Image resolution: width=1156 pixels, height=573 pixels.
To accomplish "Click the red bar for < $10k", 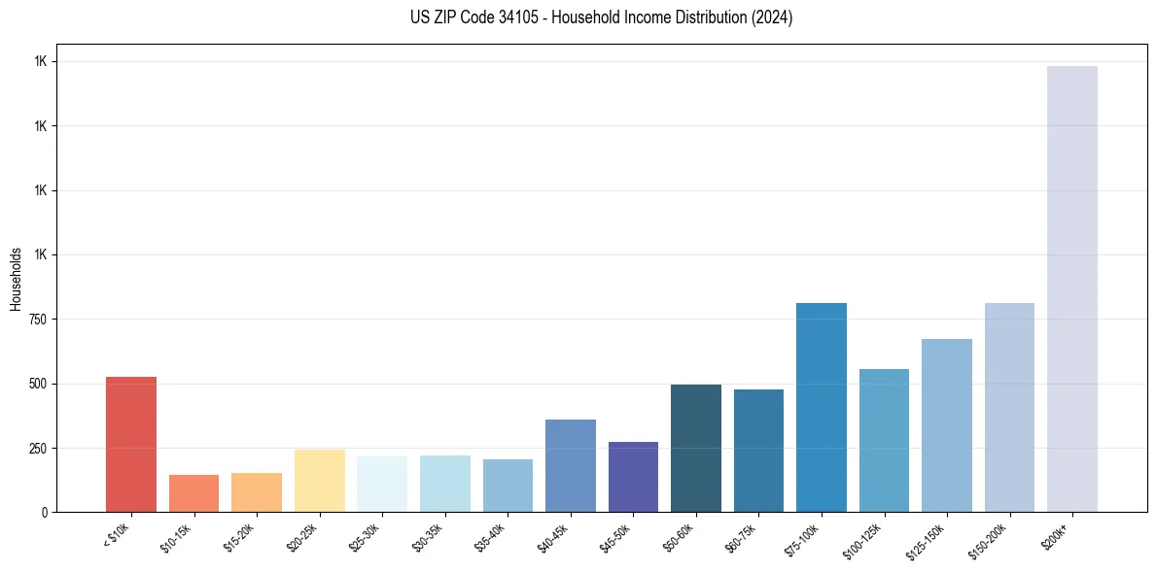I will pyautogui.click(x=131, y=444).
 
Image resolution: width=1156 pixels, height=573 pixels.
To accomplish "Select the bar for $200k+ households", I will pyautogui.click(x=1072, y=288).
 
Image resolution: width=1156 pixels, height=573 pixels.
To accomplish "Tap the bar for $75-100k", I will pyautogui.click(x=822, y=407).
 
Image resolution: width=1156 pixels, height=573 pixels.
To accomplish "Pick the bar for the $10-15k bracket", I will pyautogui.click(x=193, y=493).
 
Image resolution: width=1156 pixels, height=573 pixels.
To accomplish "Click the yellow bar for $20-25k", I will pyautogui.click(x=319, y=481).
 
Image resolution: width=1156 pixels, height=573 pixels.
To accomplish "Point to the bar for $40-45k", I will pyautogui.click(x=571, y=465).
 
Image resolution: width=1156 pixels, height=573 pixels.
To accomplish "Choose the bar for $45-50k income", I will pyautogui.click(x=633, y=477).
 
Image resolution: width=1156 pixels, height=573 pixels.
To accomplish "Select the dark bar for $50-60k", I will pyautogui.click(x=696, y=448).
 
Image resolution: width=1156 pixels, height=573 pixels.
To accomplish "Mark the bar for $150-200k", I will pyautogui.click(x=1009, y=407).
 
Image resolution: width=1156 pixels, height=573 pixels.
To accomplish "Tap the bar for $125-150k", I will pyautogui.click(x=947, y=425).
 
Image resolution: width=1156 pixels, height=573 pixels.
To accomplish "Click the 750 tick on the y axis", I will pyautogui.click(x=39, y=320).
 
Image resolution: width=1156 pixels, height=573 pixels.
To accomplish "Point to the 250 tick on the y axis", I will pyautogui.click(x=39, y=448).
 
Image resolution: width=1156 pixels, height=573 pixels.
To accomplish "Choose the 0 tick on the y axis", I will pyautogui.click(x=45, y=512).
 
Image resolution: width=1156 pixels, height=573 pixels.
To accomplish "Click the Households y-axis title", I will pyautogui.click(x=16, y=278).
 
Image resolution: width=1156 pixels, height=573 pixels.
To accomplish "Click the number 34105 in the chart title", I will pyautogui.click(x=501, y=17).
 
